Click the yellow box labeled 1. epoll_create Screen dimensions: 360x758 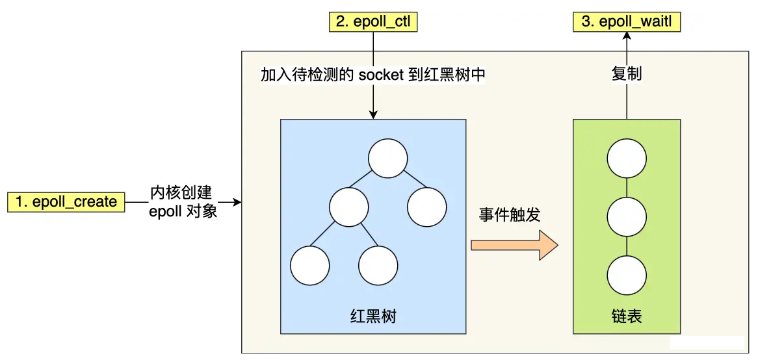pyautogui.click(x=66, y=202)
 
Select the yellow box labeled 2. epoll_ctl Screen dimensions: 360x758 pyautogui.click(x=372, y=22)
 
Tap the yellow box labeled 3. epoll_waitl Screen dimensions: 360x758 pyautogui.click(x=627, y=22)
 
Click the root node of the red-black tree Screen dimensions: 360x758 pyautogui.click(x=387, y=158)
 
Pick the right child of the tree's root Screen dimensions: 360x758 pyautogui.click(x=426, y=207)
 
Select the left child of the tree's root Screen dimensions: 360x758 pyautogui.click(x=348, y=207)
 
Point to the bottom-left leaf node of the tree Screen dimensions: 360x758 pyautogui.click(x=309, y=266)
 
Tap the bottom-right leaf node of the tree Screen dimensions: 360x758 pyautogui.click(x=378, y=266)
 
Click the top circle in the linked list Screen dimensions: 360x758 pyautogui.click(x=627, y=158)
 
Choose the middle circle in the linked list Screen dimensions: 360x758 pyautogui.click(x=627, y=216)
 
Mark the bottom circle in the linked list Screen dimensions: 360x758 pyautogui.click(x=627, y=275)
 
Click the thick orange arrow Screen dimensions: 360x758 pyautogui.click(x=514, y=245)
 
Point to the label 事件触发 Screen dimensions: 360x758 pyautogui.click(x=510, y=215)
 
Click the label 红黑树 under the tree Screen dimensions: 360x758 pyautogui.click(x=372, y=316)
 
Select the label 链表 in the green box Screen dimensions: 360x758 pyautogui.click(x=627, y=316)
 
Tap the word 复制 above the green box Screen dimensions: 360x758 pyautogui.click(x=627, y=73)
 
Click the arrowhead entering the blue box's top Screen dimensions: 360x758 pyautogui.click(x=372, y=114)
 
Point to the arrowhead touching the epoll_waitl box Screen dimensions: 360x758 pyautogui.click(x=627, y=36)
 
